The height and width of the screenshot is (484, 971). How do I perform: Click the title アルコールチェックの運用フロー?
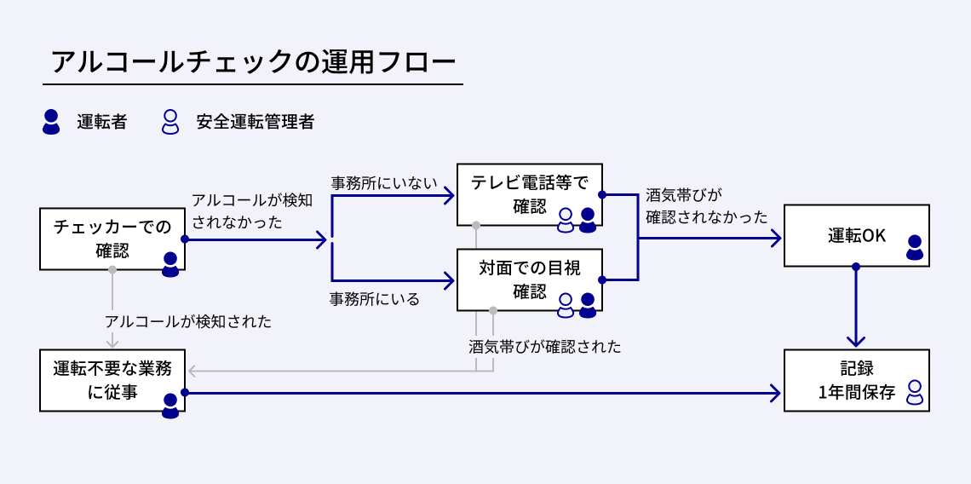253,62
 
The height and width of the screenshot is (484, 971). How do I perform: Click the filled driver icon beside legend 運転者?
51,122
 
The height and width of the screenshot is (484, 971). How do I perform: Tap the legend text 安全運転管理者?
255,122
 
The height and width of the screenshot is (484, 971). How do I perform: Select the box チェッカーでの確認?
112,239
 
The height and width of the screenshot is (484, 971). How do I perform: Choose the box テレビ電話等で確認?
529,194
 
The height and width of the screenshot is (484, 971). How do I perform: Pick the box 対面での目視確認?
529,279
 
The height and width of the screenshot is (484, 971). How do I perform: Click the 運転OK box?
856,236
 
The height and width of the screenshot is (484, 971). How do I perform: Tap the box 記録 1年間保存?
856,380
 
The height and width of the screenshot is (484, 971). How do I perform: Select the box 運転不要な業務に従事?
112,380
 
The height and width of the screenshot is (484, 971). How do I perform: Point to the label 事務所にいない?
384,182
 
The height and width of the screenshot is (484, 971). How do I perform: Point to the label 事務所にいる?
375,299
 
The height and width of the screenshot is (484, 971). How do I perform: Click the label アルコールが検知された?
188,321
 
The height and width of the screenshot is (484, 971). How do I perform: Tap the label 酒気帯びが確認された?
545,347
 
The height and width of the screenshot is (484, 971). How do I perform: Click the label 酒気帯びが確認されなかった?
706,206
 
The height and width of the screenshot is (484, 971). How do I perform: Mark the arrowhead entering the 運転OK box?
775,239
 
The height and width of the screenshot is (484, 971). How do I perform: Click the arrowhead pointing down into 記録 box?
856,341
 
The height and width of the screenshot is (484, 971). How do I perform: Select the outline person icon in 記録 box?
914,392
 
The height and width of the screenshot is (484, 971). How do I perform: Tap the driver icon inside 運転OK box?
914,248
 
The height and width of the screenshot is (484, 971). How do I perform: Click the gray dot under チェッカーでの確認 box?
112,270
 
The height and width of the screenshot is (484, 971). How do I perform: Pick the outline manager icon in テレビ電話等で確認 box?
566,220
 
